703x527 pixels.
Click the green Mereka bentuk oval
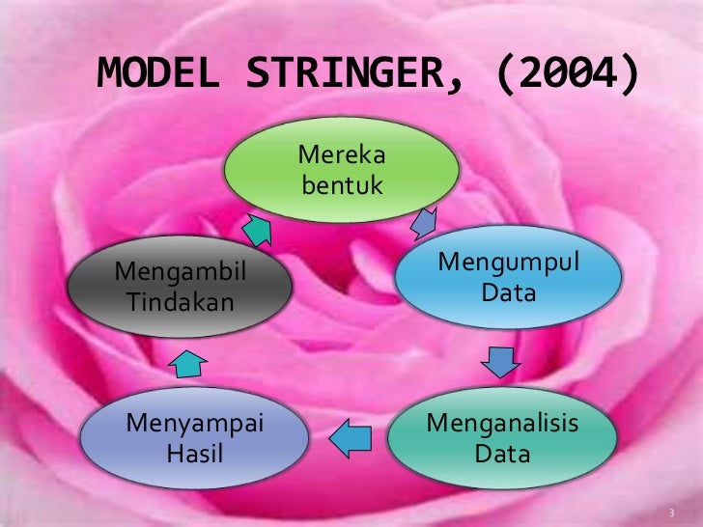click(341, 170)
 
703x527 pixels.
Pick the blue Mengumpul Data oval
click(508, 277)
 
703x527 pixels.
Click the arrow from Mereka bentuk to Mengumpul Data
click(424, 225)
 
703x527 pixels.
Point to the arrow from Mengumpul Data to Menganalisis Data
click(501, 363)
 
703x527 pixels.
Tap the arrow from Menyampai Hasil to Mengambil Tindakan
click(189, 363)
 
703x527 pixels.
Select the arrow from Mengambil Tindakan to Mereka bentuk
click(256, 228)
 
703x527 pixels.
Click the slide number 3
click(672, 511)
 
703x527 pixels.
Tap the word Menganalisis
click(502, 423)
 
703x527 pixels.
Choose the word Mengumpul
click(509, 262)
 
